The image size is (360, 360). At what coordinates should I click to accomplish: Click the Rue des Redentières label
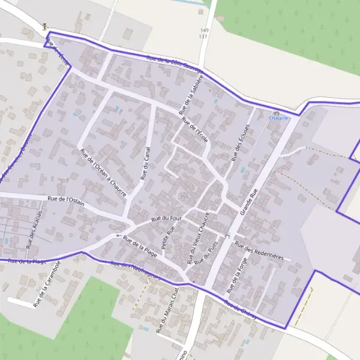point(259,250)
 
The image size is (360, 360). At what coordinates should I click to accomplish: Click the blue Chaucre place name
point(278,118)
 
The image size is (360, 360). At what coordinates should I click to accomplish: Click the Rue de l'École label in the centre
point(194,129)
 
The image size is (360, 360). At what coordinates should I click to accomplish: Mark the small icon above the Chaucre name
point(277,112)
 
